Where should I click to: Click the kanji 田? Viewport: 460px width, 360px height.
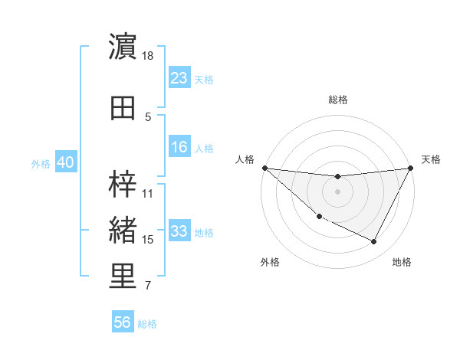[x=123, y=108]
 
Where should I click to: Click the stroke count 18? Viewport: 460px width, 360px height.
[x=148, y=56]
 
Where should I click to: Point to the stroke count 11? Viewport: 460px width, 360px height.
[x=148, y=194]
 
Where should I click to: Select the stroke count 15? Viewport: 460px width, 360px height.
[x=148, y=241]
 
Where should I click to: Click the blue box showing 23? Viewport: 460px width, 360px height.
[x=179, y=78]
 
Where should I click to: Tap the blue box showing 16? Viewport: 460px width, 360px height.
[x=179, y=148]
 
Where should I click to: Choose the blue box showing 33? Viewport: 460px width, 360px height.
[x=179, y=232]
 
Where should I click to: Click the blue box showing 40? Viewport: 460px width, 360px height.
[x=65, y=163]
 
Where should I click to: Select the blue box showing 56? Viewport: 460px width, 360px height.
[x=123, y=322]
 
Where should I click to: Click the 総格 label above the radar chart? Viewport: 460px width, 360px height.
[x=338, y=100]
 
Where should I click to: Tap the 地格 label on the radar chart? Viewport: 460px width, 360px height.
[x=402, y=262]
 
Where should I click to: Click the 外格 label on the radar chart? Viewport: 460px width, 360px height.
[x=270, y=262]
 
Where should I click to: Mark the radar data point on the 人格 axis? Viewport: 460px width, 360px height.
[x=264, y=168]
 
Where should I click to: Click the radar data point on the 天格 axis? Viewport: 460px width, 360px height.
[x=412, y=168]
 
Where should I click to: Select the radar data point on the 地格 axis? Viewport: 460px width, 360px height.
[x=374, y=242]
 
